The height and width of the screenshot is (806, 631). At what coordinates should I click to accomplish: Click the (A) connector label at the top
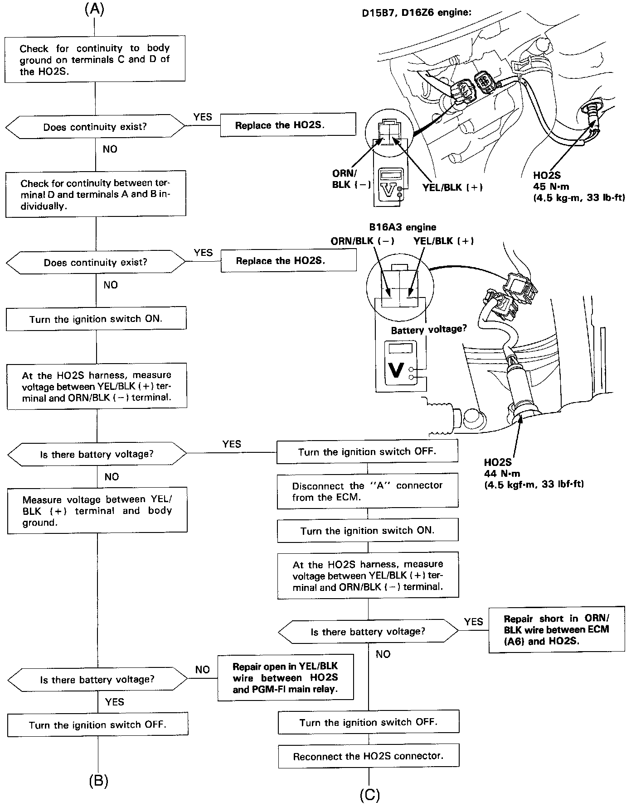coord(94,10)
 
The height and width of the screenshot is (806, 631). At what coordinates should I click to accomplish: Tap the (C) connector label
coord(369,795)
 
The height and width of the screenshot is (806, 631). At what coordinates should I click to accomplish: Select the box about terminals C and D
coord(95,59)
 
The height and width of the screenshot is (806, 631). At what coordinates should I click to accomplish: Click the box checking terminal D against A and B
coord(96,194)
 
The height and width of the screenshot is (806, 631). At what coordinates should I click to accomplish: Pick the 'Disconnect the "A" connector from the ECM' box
coord(367,491)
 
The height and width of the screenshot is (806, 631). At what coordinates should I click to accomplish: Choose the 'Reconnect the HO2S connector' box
coord(368,756)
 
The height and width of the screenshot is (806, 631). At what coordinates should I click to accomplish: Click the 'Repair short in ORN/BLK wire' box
coord(556,629)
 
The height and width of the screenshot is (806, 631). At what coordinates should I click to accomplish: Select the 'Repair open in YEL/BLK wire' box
coord(285,678)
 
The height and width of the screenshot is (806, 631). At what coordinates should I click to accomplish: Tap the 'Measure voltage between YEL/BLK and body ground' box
coord(97,511)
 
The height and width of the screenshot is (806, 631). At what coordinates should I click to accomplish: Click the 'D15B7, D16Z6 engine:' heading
coord(416,13)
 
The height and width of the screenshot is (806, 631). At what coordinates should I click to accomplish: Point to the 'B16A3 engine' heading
coord(403,227)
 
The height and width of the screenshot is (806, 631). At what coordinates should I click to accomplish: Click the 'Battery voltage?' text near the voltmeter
coord(428,329)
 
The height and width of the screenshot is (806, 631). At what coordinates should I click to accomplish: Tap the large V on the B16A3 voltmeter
coord(396,370)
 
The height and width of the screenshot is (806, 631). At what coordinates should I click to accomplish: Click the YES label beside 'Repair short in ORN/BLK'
coord(473,622)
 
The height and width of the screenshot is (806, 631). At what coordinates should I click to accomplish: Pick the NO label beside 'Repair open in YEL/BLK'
coord(202,670)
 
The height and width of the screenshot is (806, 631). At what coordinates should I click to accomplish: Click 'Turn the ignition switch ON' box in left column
coord(96,319)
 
